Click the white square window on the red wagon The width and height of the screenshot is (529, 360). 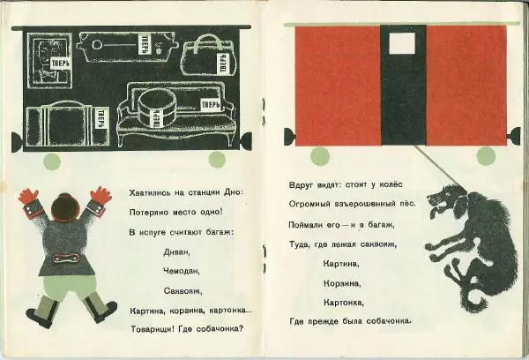402,43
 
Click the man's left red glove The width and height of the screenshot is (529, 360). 28,196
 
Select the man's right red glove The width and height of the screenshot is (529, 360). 101,195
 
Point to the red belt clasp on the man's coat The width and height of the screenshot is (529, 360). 65,259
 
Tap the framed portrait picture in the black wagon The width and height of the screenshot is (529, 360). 49,61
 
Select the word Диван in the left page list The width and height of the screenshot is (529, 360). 177,252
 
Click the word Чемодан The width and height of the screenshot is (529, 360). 181,271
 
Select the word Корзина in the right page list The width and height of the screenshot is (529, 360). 342,283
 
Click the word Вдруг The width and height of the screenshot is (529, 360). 298,185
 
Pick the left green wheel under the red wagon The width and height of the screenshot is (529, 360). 319,156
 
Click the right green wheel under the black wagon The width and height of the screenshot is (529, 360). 217,160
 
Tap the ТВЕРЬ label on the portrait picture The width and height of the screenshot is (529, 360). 60,64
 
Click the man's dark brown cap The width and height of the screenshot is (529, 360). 64,206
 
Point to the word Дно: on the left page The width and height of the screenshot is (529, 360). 234,192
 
